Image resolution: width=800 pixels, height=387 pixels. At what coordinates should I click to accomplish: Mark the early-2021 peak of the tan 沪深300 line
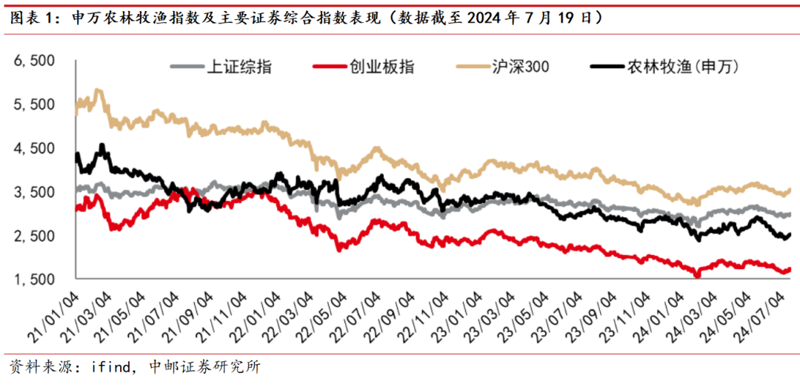pyautogui.click(x=98, y=90)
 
